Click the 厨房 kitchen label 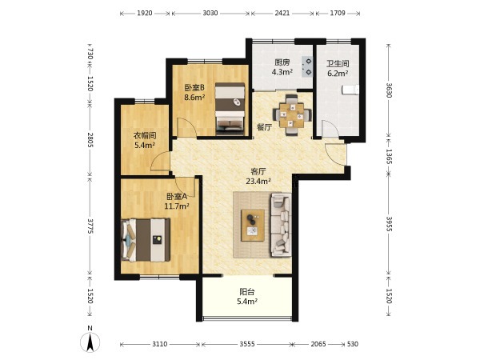282,62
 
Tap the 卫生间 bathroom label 338,64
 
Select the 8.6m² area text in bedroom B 194,98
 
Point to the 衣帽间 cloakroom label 145,135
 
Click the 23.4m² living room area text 258,181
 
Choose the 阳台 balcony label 247,292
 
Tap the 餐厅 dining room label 264,127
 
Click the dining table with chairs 292,115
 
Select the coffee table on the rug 253,226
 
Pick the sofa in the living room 281,225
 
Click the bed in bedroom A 146,240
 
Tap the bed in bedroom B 230,109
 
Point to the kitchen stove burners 307,66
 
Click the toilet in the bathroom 350,90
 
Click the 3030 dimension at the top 210,13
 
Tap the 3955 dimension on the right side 389,224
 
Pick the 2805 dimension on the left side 90,139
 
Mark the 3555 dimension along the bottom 246,344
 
